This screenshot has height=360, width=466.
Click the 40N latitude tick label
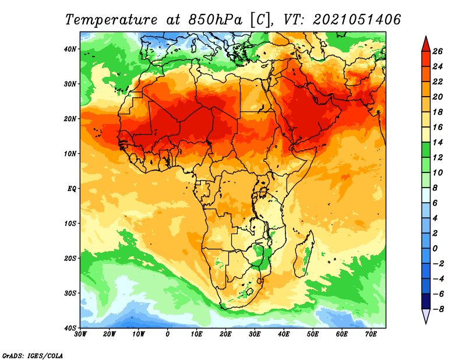(70, 49)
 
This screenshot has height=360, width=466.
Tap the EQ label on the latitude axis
(72, 189)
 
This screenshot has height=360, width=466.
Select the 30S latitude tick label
(70, 294)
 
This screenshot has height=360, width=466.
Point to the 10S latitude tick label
(70, 224)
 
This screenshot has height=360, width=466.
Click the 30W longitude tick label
(80, 334)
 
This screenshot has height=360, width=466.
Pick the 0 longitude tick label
(168, 334)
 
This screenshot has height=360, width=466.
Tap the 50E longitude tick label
(313, 334)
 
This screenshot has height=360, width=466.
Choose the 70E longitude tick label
(371, 334)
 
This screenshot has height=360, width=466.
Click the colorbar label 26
(437, 51)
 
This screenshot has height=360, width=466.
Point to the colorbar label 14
(437, 142)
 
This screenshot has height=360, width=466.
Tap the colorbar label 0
(435, 249)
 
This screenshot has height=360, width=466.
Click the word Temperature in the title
(111, 20)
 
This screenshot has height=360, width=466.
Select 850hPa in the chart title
(215, 20)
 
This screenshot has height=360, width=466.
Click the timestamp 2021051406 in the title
(356, 20)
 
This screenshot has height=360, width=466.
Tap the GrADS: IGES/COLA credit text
(33, 356)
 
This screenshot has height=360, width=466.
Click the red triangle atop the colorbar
(426, 45)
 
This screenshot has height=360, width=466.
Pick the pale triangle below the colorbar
(426, 316)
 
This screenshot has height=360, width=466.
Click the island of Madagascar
(304, 255)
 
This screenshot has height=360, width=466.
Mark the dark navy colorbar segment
(426, 301)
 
